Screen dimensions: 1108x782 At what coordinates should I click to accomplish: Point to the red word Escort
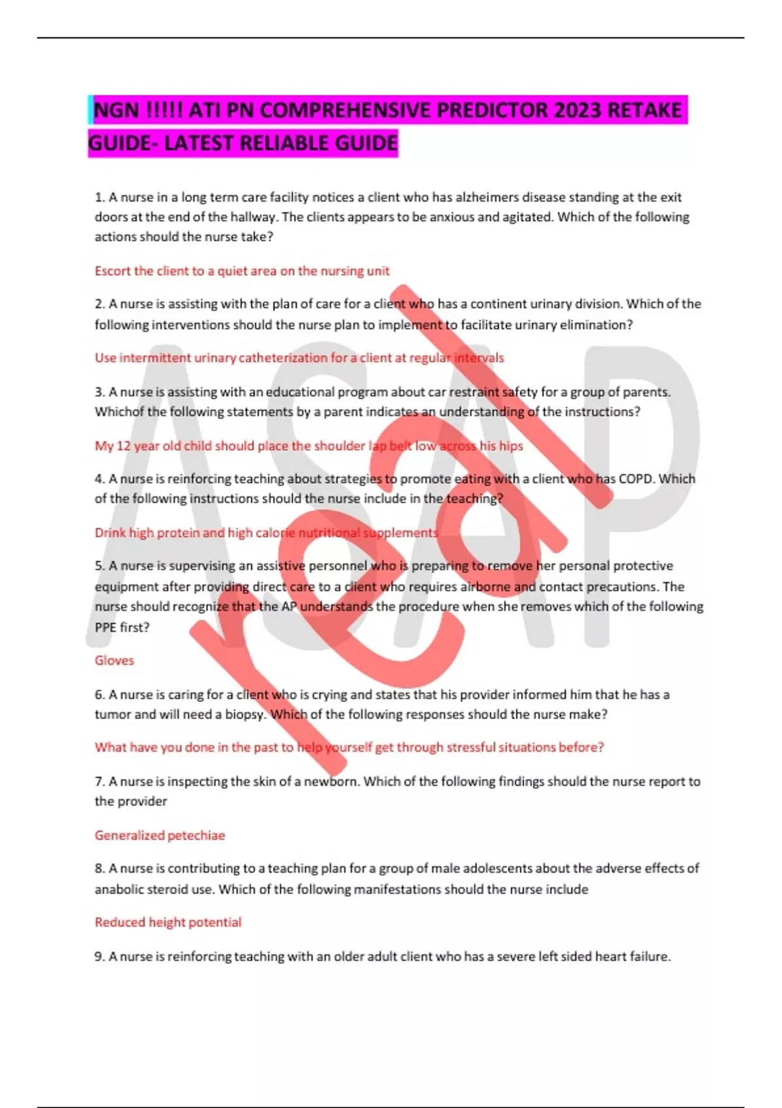(x=112, y=270)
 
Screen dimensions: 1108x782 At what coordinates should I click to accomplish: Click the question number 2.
(x=100, y=304)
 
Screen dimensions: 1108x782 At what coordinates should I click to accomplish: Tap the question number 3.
(x=100, y=392)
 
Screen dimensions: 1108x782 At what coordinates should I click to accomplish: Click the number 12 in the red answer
(x=123, y=446)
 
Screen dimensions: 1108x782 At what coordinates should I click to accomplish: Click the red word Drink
(x=109, y=532)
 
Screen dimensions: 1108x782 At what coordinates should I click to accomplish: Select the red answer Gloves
(x=114, y=660)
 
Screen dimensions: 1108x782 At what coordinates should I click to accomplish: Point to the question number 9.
(x=100, y=956)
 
